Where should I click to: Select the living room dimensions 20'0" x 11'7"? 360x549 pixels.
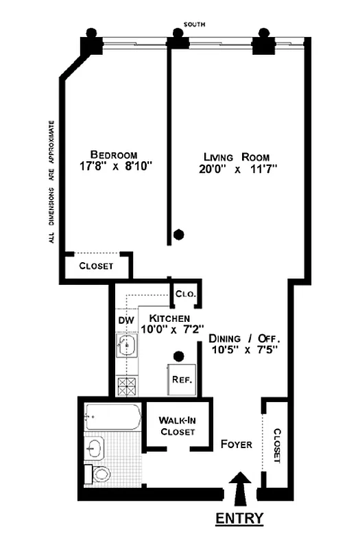[x=239, y=167]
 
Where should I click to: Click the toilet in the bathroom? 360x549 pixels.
[x=100, y=473]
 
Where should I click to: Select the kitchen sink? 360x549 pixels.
[x=126, y=344]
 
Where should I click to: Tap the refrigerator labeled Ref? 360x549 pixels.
[x=181, y=379]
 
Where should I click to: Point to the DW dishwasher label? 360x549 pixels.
[x=125, y=320]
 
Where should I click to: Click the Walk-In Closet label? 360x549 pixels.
[x=177, y=425]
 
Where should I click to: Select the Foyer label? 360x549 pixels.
[x=237, y=444]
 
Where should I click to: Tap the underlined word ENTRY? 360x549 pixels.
[x=239, y=519]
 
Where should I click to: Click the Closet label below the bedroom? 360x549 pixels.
[x=97, y=266]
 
